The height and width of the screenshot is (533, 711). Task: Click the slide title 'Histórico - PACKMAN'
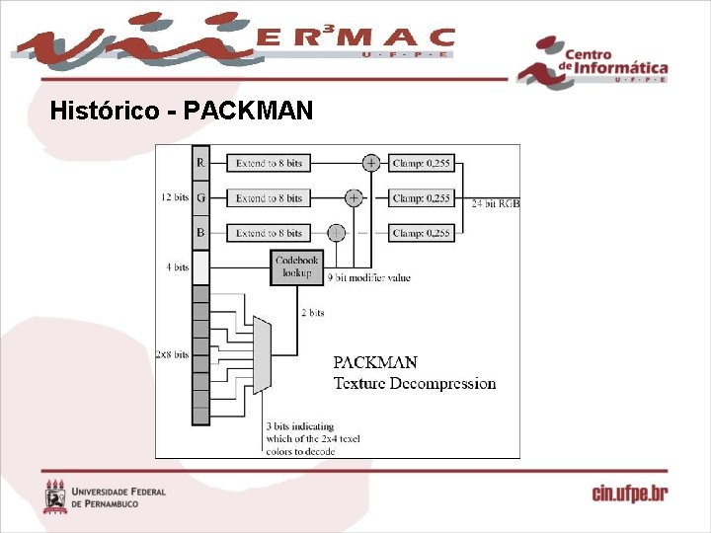[181, 111]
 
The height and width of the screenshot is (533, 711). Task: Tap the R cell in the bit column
[200, 163]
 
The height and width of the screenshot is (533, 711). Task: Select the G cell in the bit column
[200, 197]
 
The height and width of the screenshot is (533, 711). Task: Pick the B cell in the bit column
[200, 233]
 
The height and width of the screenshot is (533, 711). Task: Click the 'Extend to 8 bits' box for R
[269, 163]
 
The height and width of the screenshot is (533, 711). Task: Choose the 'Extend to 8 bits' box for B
[269, 233]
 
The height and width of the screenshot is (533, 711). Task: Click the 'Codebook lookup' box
[297, 266]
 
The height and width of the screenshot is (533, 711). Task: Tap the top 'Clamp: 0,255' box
[421, 163]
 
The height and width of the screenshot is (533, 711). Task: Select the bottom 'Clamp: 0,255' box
[421, 233]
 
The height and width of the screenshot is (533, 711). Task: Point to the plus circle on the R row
[371, 163]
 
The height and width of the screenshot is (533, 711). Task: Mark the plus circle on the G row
[354, 197]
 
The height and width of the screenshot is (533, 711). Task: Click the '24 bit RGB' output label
[495, 203]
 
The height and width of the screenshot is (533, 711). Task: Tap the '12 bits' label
[175, 197]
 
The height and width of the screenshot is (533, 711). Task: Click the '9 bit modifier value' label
[368, 278]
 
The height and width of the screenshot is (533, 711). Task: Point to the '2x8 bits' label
[172, 354]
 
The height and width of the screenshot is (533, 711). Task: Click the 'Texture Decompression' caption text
[415, 384]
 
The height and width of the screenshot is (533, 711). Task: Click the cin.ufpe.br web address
[629, 494]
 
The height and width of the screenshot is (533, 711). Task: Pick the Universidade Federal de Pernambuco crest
[55, 496]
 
